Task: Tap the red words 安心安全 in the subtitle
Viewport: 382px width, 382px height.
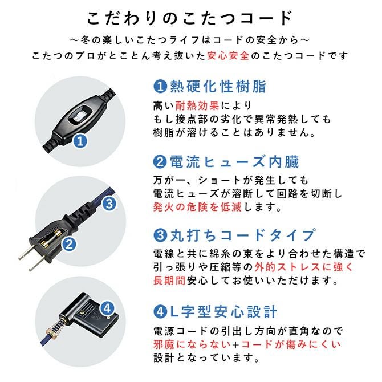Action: tap(228, 56)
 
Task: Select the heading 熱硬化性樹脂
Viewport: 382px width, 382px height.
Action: tap(218, 86)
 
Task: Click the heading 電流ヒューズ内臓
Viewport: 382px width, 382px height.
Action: tap(234, 162)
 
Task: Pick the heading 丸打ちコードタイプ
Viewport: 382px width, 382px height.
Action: tap(243, 235)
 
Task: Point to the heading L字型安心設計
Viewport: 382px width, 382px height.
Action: tap(223, 312)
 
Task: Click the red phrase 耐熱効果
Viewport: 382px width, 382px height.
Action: tap(197, 105)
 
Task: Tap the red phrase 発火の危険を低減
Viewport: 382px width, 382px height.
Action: tap(197, 207)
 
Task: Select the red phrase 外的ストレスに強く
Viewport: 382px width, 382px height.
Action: tap(304, 267)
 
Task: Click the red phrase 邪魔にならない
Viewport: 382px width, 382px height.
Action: tap(192, 344)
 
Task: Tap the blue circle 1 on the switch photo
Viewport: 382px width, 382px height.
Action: tap(80, 141)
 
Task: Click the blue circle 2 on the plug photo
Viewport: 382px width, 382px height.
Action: tap(70, 244)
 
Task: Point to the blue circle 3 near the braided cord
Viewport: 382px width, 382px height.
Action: tap(109, 204)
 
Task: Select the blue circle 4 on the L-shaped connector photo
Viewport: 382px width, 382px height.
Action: tap(107, 308)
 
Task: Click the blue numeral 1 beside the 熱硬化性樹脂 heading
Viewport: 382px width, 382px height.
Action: tap(160, 87)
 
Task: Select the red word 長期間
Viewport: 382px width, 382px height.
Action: tap(169, 281)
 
